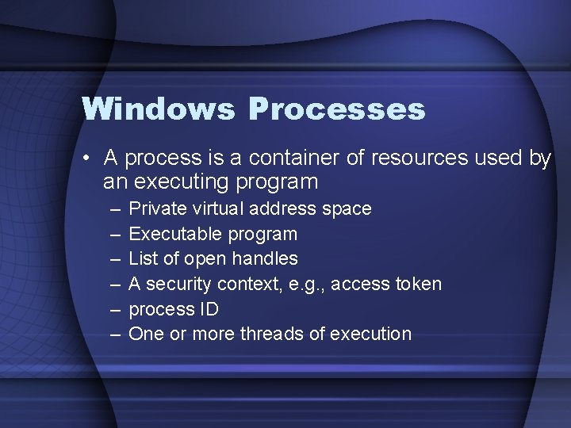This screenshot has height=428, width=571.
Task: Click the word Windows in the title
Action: click(158, 109)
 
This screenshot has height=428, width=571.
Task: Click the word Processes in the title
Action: click(336, 109)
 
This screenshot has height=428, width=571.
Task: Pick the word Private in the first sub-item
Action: click(155, 209)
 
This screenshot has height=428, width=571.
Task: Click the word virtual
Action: click(217, 209)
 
